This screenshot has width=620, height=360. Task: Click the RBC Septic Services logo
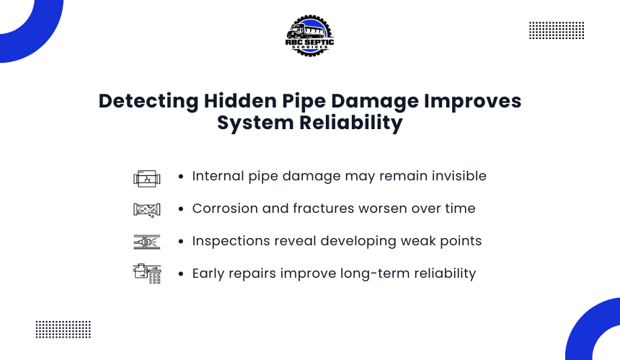(x=309, y=36)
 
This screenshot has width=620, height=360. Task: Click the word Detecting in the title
(x=149, y=101)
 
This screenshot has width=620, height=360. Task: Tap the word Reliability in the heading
(x=350, y=122)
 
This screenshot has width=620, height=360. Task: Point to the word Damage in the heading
(x=375, y=102)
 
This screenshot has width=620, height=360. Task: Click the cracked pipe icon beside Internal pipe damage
(x=146, y=179)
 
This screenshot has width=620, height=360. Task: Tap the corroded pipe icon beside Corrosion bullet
(x=146, y=210)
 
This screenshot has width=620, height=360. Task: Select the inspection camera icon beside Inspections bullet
(x=146, y=242)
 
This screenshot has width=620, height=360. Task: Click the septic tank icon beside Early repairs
(x=146, y=273)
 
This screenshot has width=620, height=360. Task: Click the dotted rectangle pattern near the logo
(x=557, y=30)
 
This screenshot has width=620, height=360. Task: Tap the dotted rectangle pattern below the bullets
(x=63, y=330)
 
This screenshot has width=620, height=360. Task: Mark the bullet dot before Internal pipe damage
(x=181, y=177)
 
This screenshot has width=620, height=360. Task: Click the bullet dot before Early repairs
(x=181, y=273)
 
